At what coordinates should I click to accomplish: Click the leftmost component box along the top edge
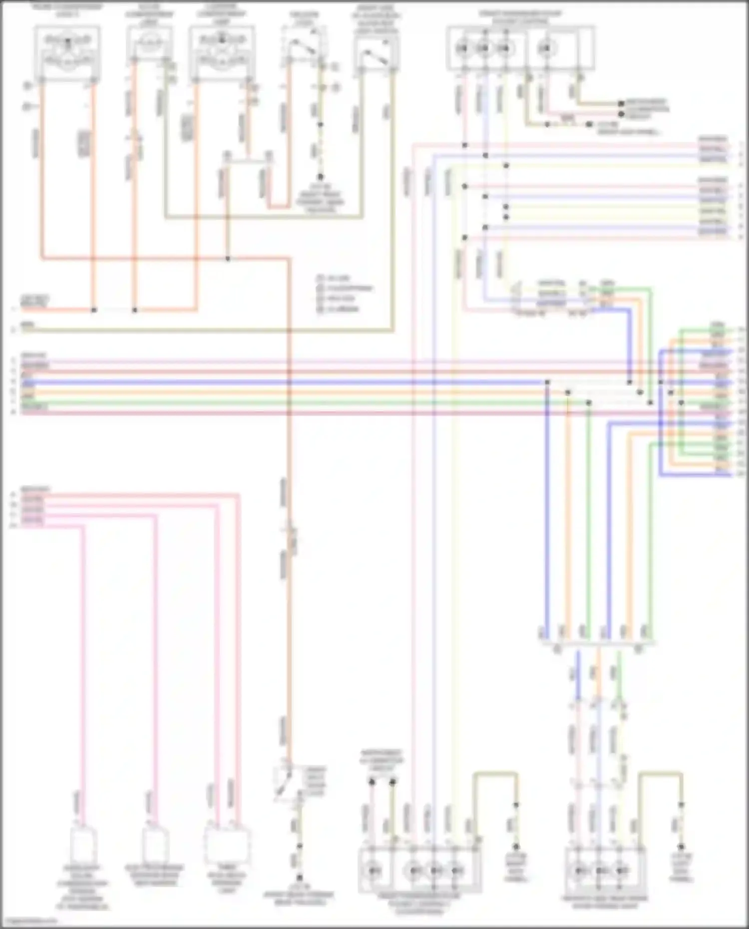[x=67, y=52]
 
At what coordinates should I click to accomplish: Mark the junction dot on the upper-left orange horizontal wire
[x=228, y=259]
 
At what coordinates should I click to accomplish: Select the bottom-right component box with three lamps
[x=605, y=871]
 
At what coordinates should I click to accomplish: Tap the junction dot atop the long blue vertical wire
[x=547, y=382]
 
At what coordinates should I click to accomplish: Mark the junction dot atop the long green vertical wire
[x=589, y=402]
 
